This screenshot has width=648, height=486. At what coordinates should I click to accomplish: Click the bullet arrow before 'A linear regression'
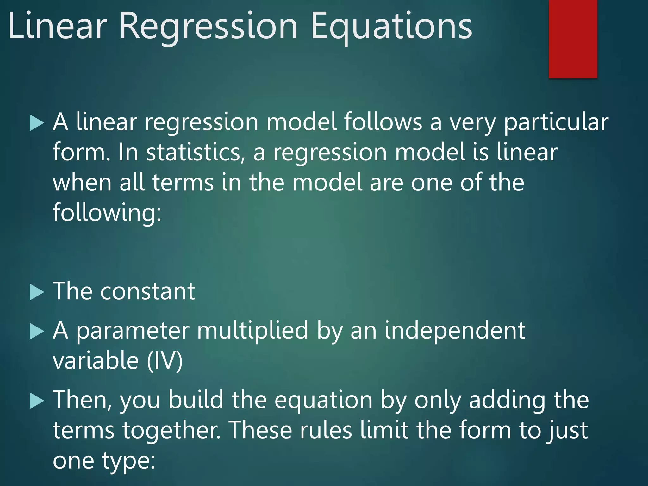(37, 123)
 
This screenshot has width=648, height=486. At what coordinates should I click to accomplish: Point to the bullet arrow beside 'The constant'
(37, 292)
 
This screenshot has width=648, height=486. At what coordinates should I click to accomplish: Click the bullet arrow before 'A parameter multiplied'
(37, 331)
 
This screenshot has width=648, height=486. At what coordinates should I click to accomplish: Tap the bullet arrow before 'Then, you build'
(37, 401)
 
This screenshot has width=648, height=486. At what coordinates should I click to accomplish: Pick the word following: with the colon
(107, 213)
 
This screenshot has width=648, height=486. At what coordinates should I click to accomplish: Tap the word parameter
(133, 331)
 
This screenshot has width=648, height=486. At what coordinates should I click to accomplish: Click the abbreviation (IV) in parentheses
(165, 361)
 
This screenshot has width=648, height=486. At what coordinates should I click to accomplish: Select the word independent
(455, 330)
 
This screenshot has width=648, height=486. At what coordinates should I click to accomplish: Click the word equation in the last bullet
(323, 401)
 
